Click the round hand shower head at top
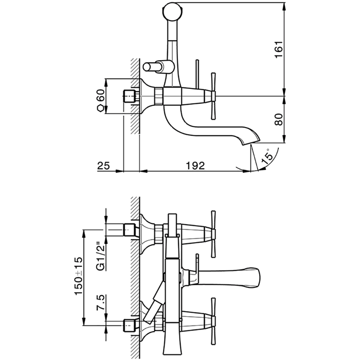pos(172,11)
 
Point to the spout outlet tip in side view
pos(255,138)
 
